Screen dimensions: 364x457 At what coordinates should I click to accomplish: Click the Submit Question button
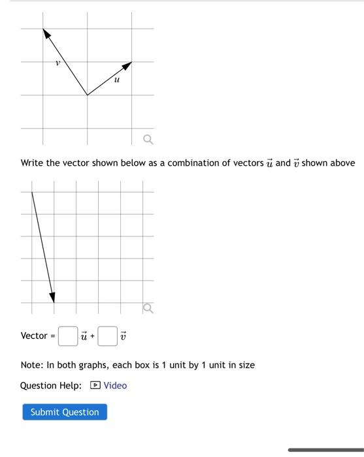[65, 412]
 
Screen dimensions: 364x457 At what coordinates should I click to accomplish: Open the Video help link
[115, 385]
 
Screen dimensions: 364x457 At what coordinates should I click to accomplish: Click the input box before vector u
[68, 336]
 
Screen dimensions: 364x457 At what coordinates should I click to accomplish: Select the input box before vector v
[108, 336]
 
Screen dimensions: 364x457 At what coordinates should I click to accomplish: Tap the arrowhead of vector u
[128, 65]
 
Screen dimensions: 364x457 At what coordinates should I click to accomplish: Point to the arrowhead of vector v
[46, 33]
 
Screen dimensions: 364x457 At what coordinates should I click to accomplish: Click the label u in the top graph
[116, 80]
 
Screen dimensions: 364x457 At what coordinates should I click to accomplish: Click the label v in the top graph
[58, 63]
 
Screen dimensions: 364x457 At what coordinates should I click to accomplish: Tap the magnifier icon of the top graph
[148, 139]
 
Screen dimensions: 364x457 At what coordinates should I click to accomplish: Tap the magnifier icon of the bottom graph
[148, 307]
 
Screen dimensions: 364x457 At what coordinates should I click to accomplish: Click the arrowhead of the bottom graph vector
[53, 298]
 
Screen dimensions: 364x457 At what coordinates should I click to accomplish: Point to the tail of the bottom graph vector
[32, 192]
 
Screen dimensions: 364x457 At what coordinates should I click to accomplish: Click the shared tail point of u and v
[88, 95]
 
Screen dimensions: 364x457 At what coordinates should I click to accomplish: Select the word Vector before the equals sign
[34, 336]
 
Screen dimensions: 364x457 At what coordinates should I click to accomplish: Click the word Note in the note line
[31, 365]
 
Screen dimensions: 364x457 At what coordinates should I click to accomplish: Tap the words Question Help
[51, 385]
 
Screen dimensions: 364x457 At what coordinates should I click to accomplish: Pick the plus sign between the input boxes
[92, 336]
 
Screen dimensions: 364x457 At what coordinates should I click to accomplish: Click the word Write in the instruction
[32, 163]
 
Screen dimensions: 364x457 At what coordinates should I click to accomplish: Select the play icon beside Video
[95, 385]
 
